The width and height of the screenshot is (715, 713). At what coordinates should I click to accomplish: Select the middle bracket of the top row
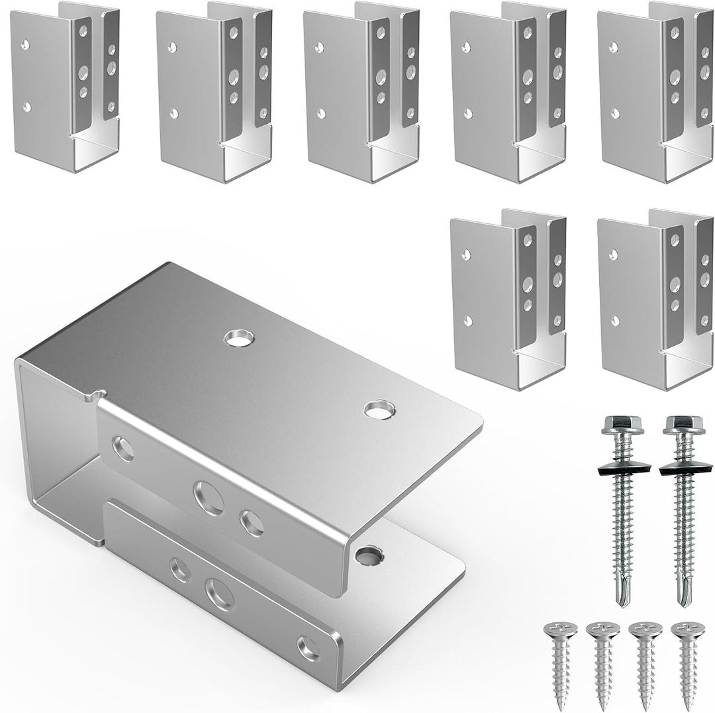[x=361, y=93]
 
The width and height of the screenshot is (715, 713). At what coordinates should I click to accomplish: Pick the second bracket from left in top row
[x=213, y=93]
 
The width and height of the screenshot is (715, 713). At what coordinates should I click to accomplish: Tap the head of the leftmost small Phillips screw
[x=559, y=630]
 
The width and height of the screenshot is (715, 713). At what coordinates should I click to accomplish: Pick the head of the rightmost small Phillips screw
[x=687, y=630]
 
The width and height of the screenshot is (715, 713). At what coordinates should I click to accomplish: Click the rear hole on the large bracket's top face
[x=238, y=338]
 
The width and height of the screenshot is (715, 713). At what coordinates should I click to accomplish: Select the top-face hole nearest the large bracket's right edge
[x=378, y=410]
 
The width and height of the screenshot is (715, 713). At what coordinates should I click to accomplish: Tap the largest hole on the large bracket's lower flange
[x=219, y=593]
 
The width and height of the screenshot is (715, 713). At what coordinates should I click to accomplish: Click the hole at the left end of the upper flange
[x=122, y=449]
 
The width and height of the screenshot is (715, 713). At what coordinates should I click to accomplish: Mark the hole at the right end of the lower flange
[x=309, y=647]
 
